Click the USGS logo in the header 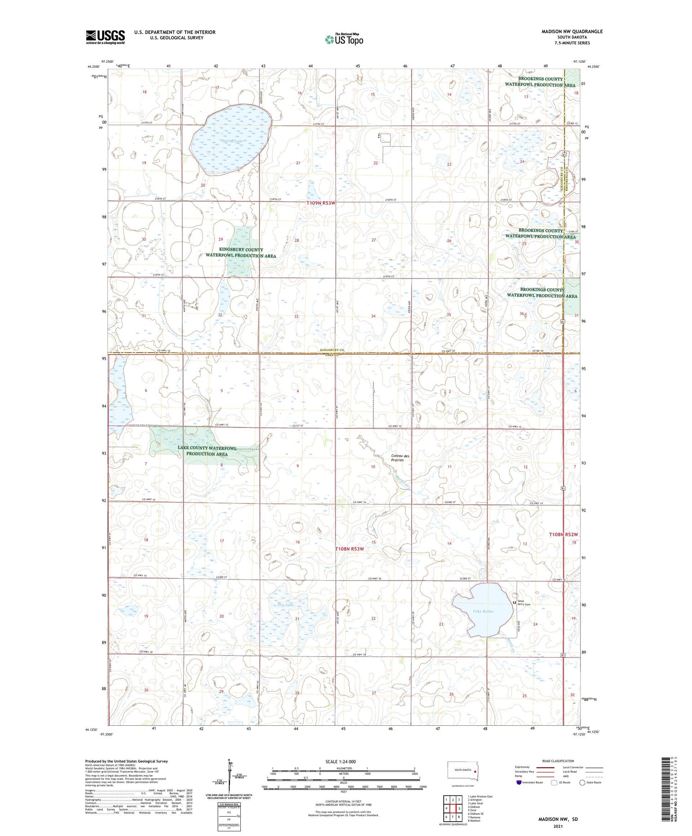point(105,37)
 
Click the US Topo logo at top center point(344,39)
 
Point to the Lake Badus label point(483,611)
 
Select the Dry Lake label point(286,605)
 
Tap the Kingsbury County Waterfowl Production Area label point(241,253)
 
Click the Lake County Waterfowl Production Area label point(207,451)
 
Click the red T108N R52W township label point(563,534)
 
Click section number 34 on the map point(373,316)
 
